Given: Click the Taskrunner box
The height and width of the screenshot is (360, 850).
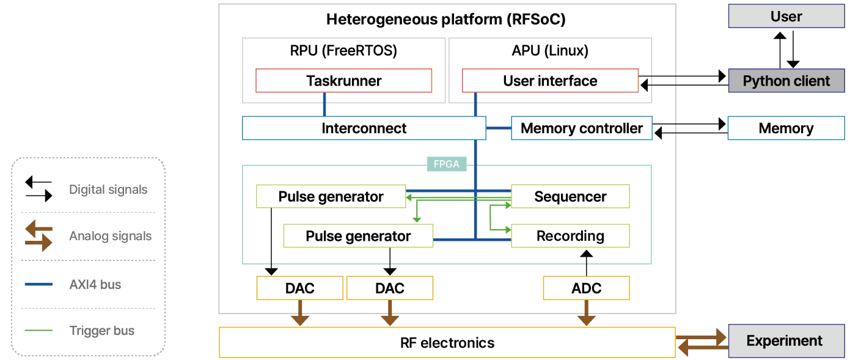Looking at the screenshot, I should [x=343, y=81].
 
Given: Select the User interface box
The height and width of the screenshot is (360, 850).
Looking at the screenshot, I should [x=550, y=81].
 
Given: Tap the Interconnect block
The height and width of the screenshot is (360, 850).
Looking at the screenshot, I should [x=364, y=128].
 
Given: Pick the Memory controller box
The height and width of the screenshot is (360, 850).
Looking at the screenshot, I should [x=581, y=128].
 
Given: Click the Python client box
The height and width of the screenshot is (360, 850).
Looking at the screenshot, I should [x=786, y=81].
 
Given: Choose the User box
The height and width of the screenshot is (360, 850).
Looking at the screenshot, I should [x=786, y=17].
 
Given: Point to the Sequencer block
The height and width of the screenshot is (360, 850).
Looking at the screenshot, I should [x=570, y=197].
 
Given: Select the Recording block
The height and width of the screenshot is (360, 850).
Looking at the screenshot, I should [x=570, y=236].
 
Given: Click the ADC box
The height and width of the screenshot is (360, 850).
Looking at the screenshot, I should [x=586, y=288].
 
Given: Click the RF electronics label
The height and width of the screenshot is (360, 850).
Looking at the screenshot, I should [x=447, y=342].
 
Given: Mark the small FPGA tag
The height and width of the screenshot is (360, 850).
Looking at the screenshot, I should [x=447, y=164].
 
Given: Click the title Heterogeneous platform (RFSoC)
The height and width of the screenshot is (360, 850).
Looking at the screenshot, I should [x=445, y=20].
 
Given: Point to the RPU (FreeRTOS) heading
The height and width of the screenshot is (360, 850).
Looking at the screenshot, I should [x=343, y=51].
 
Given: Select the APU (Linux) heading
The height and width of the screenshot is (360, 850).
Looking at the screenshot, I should [x=550, y=51].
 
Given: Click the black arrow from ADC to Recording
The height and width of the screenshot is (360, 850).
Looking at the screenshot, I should [x=586, y=262].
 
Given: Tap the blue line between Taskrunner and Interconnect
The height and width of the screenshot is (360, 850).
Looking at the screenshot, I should [x=324, y=105].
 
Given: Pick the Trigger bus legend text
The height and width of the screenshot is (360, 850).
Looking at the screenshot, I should [x=102, y=331].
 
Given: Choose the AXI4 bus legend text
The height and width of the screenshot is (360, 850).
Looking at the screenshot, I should [x=95, y=285].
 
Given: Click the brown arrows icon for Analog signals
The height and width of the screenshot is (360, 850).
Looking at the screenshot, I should [x=38, y=236].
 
